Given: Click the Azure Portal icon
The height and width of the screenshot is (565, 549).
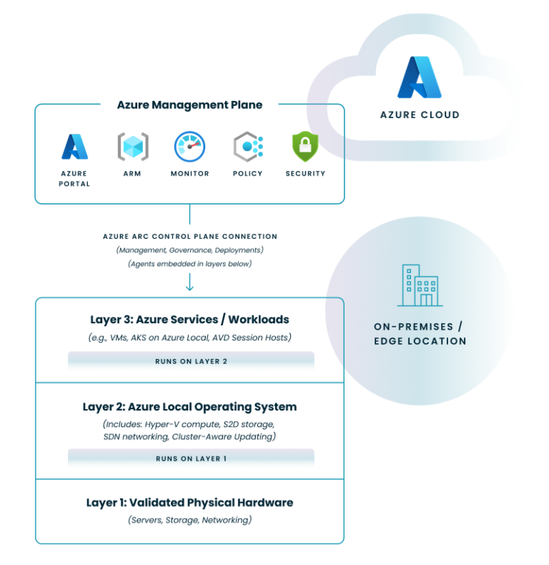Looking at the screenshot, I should [74, 147].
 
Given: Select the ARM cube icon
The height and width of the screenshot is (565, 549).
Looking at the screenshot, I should [133, 146].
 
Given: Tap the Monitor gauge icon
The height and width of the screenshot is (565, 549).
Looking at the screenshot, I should [189, 146].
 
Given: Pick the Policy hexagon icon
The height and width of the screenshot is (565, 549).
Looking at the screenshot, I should [247, 147].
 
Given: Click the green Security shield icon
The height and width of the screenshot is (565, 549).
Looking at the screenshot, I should [305, 146].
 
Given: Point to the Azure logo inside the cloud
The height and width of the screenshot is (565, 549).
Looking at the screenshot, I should [420, 77].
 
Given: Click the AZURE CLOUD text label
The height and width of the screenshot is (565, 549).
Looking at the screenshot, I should [420, 114].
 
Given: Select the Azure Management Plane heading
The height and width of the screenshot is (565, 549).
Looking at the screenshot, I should [189, 105].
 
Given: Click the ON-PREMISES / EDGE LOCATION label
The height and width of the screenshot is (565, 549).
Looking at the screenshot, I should [420, 333].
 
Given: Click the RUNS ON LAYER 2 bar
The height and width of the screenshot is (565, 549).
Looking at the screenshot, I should [191, 361].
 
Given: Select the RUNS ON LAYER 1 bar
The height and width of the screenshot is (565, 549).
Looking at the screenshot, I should [191, 458].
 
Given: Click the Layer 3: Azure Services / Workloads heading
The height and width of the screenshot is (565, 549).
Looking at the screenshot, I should [189, 320].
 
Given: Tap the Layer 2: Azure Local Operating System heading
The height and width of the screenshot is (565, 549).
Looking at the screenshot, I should [189, 407].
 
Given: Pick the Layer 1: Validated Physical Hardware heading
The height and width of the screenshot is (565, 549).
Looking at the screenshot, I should [189, 503].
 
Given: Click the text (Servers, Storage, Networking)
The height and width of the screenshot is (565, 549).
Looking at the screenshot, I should [189, 520].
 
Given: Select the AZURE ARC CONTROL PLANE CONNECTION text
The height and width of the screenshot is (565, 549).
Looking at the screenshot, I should [189, 236].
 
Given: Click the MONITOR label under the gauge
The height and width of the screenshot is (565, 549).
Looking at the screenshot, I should [189, 173].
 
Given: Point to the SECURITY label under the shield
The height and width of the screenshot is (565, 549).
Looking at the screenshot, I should [305, 173].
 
